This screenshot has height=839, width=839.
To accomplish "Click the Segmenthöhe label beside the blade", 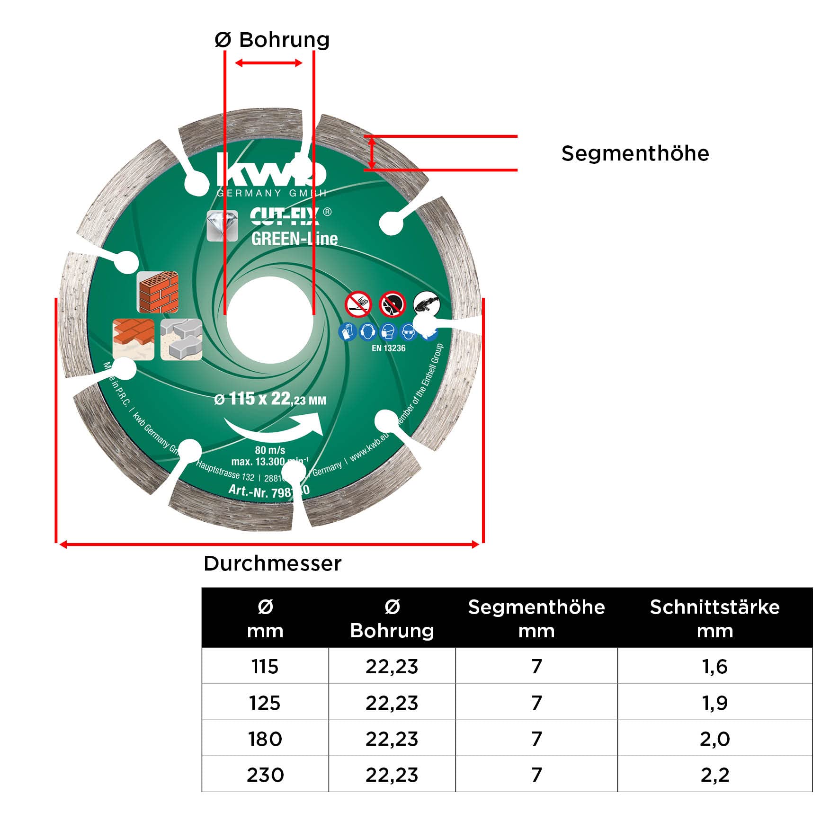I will coord(635,153).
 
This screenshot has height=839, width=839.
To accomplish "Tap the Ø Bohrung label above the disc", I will coord(272,40).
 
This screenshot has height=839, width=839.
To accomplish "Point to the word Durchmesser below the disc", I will coord(272,563).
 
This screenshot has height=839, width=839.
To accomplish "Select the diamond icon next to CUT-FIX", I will coord(222,225).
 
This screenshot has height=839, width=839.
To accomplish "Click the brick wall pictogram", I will coord(158,292).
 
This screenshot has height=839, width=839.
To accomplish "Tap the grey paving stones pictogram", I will coord(181,339).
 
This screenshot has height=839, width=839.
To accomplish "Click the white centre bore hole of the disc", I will coord(269,320).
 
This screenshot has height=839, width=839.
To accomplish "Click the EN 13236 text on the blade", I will coord(388,348).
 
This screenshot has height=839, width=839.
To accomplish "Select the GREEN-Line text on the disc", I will coord(294,238).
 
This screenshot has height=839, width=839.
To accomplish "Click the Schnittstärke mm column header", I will coord(714,618).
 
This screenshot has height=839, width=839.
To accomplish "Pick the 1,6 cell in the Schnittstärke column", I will coord(714,666).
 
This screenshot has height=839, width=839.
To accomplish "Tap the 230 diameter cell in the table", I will coord(265,775).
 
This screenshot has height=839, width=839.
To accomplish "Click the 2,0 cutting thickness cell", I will coord(714,739).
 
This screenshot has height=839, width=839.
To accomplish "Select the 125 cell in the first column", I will coord(265,703).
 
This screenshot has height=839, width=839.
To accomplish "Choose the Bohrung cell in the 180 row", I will coord(392,739).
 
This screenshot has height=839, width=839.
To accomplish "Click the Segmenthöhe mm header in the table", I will coord(536,618).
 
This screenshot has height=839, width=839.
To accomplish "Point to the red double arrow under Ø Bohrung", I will coord(269,63).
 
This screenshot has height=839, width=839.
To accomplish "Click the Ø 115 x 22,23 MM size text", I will coord(270,399).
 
